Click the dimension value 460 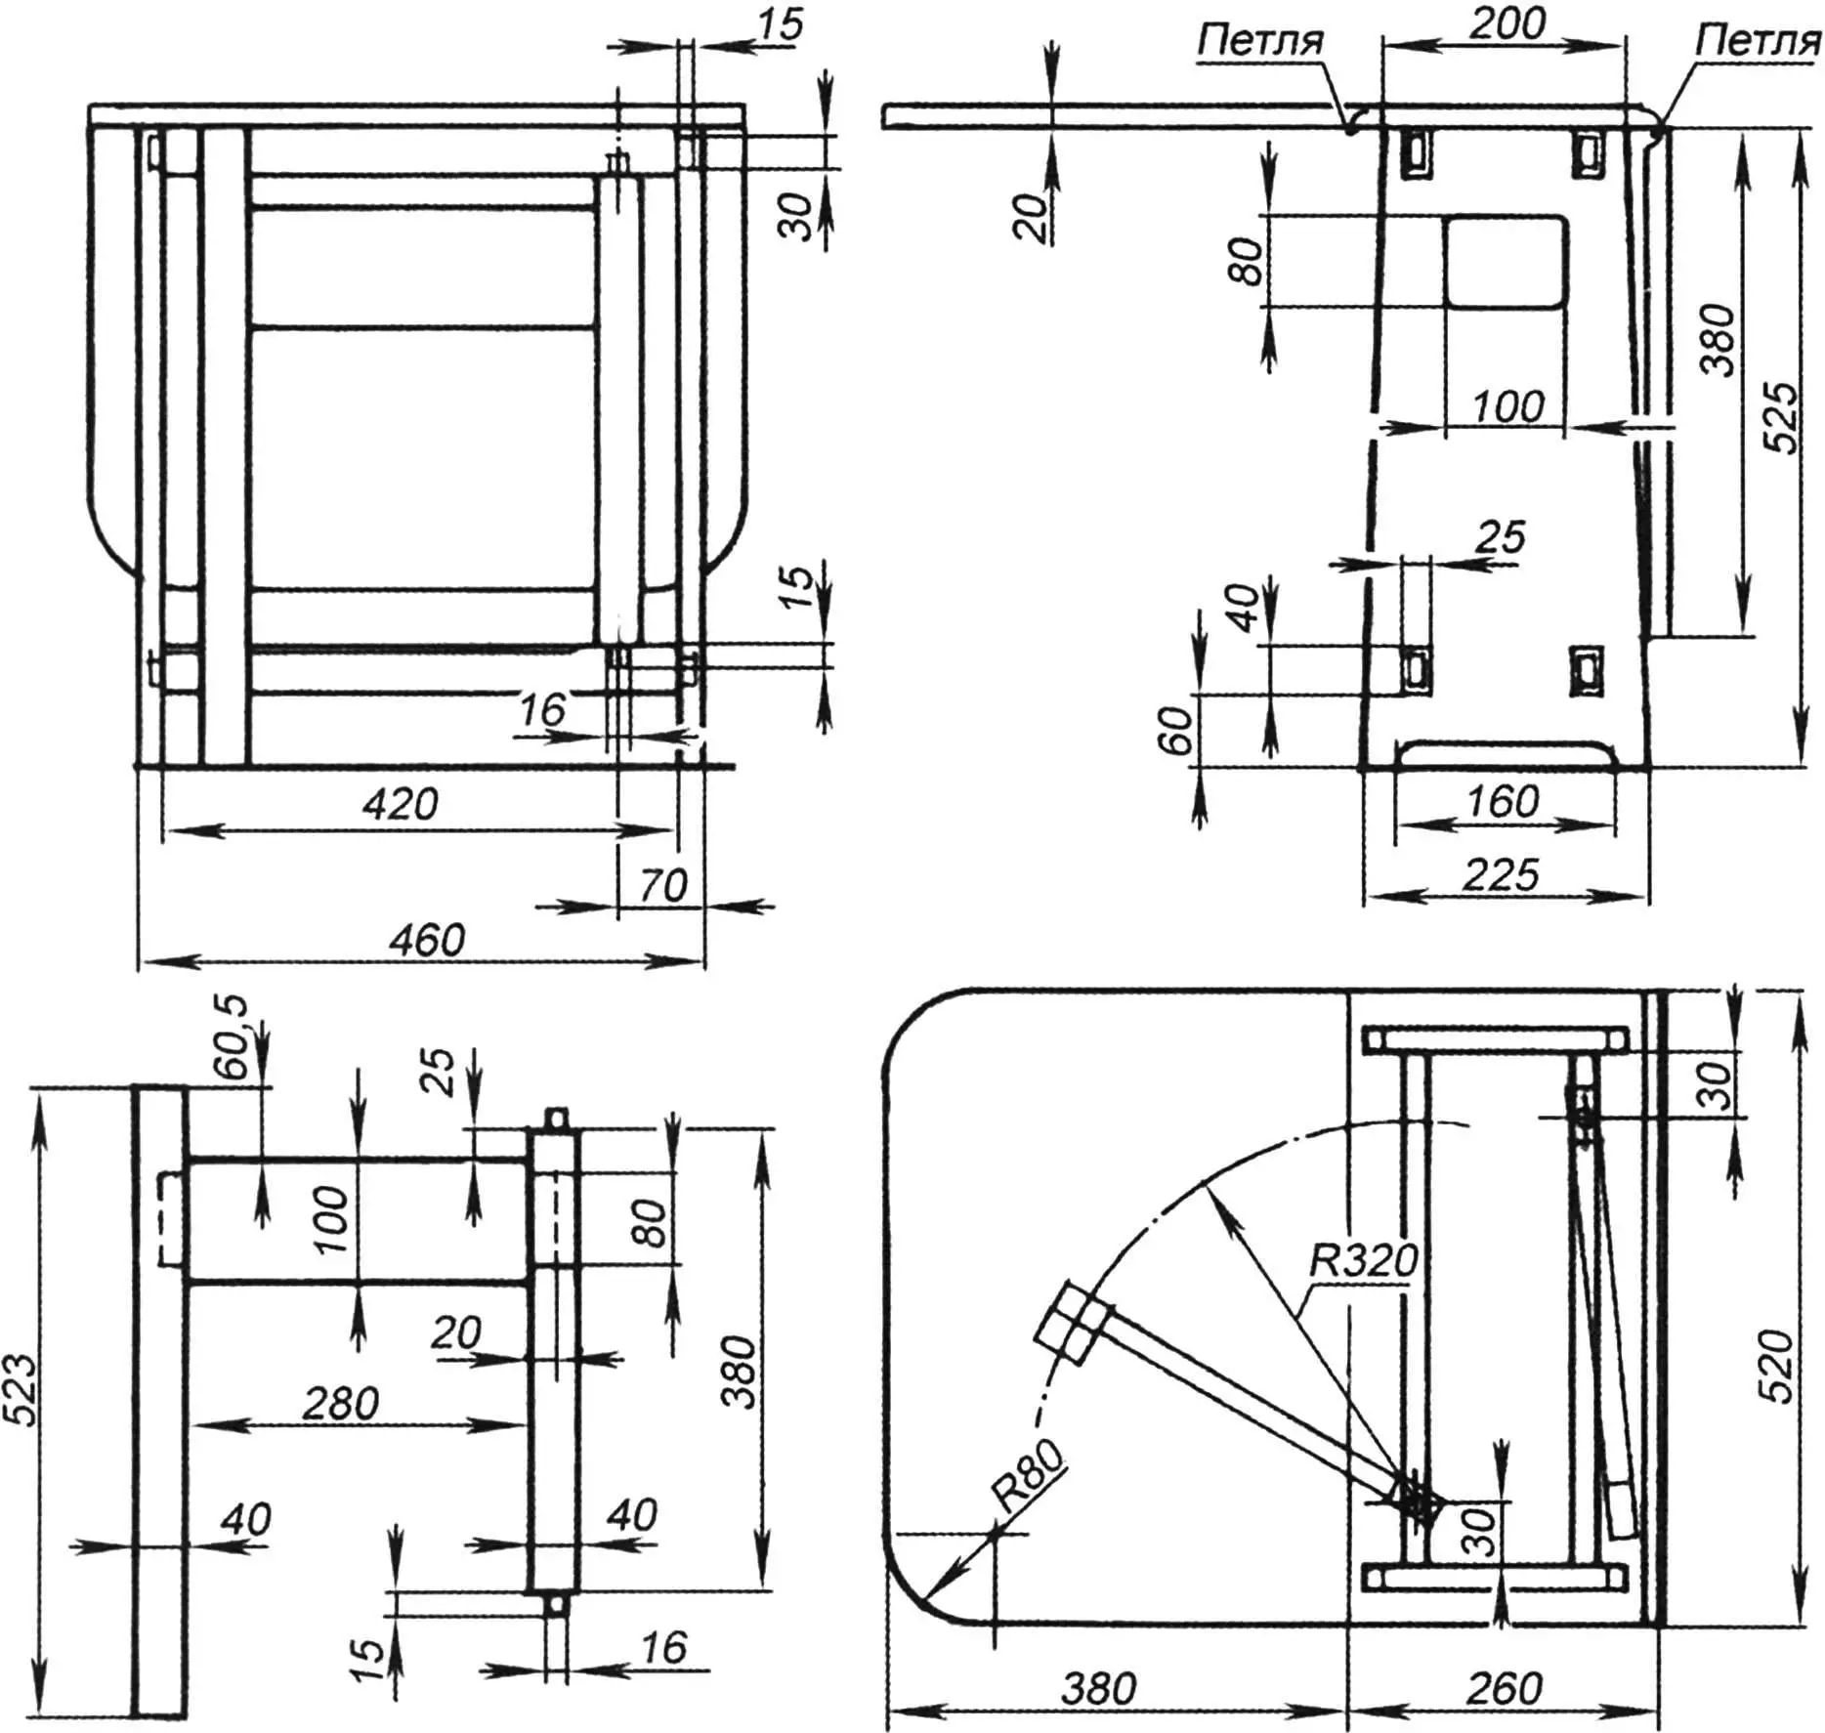(x=427, y=940)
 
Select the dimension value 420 (x=400, y=804)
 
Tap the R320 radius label (x=1364, y=1261)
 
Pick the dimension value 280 (x=340, y=1404)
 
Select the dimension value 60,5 (x=233, y=1036)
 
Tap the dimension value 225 (x=1501, y=874)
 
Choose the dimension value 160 (x=1503, y=802)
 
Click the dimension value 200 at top (x=1507, y=23)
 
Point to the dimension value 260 (x=1505, y=1688)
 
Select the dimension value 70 (x=662, y=886)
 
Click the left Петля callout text (x=1259, y=41)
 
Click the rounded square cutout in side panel (x=1506, y=262)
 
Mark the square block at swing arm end (x=1072, y=1324)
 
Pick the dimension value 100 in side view (x=1507, y=406)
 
